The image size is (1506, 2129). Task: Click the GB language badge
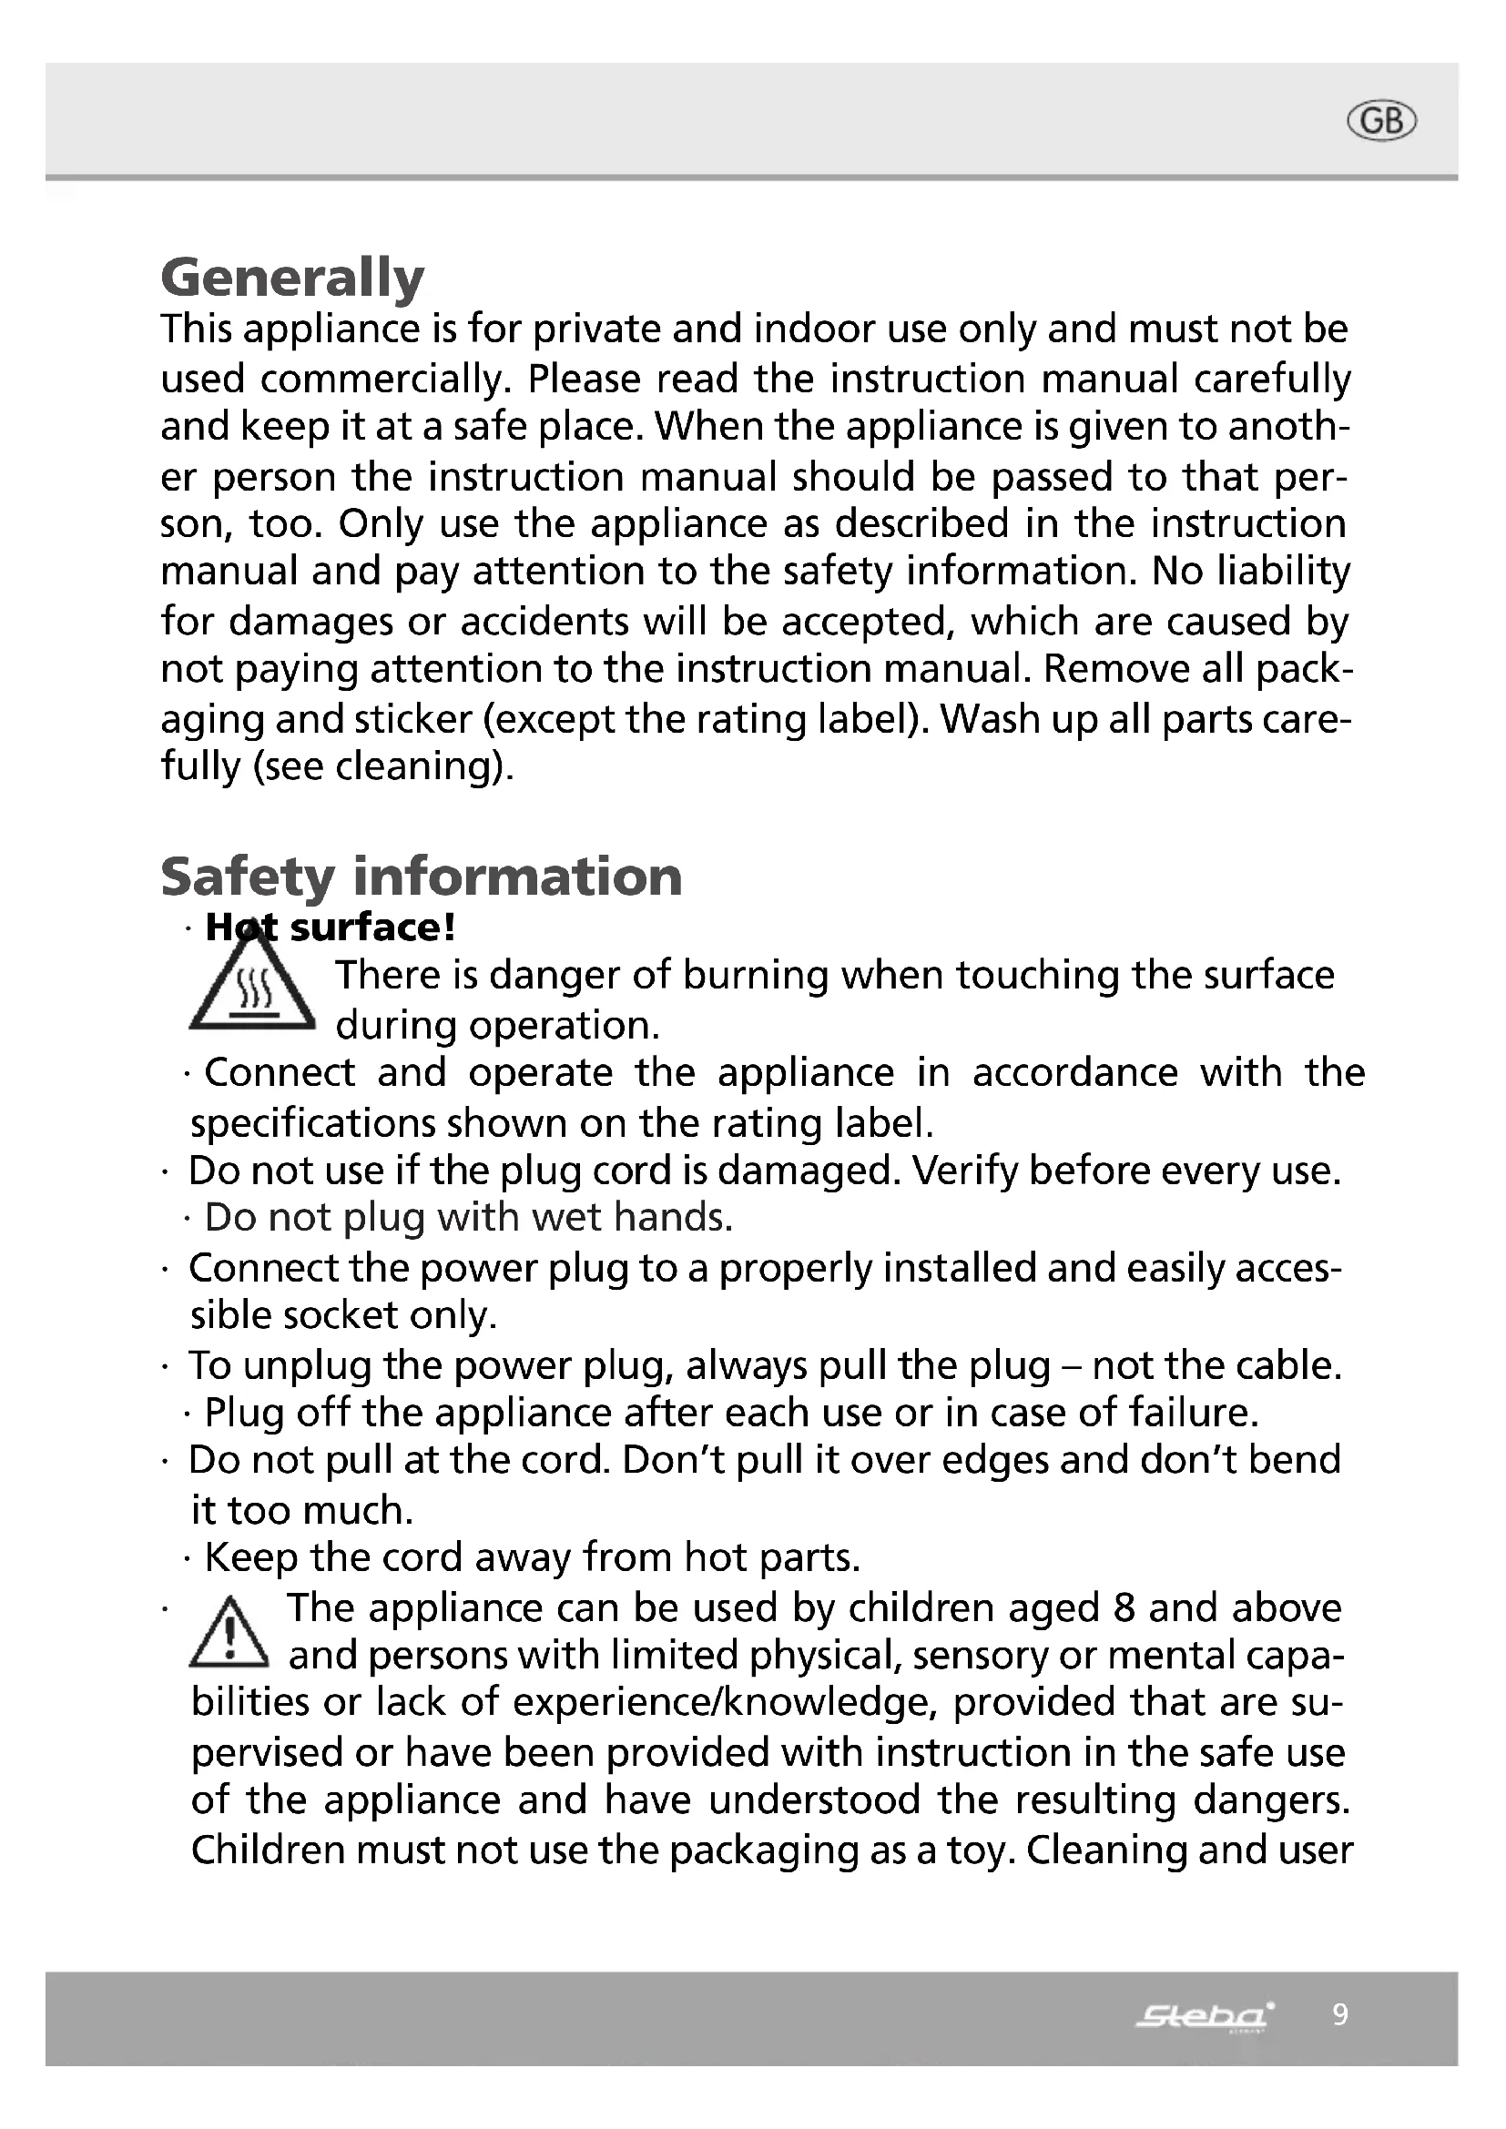(x=1382, y=121)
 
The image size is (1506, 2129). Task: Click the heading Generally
(x=292, y=277)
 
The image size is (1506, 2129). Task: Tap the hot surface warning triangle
(x=252, y=987)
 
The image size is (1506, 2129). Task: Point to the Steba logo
(x=1205, y=2015)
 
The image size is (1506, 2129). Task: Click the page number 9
(x=1340, y=2014)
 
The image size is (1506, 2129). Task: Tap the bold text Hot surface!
(x=331, y=928)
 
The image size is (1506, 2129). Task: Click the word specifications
(x=311, y=1123)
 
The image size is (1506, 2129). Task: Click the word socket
(x=341, y=1315)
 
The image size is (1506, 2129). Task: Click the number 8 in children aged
(x=1124, y=1607)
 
